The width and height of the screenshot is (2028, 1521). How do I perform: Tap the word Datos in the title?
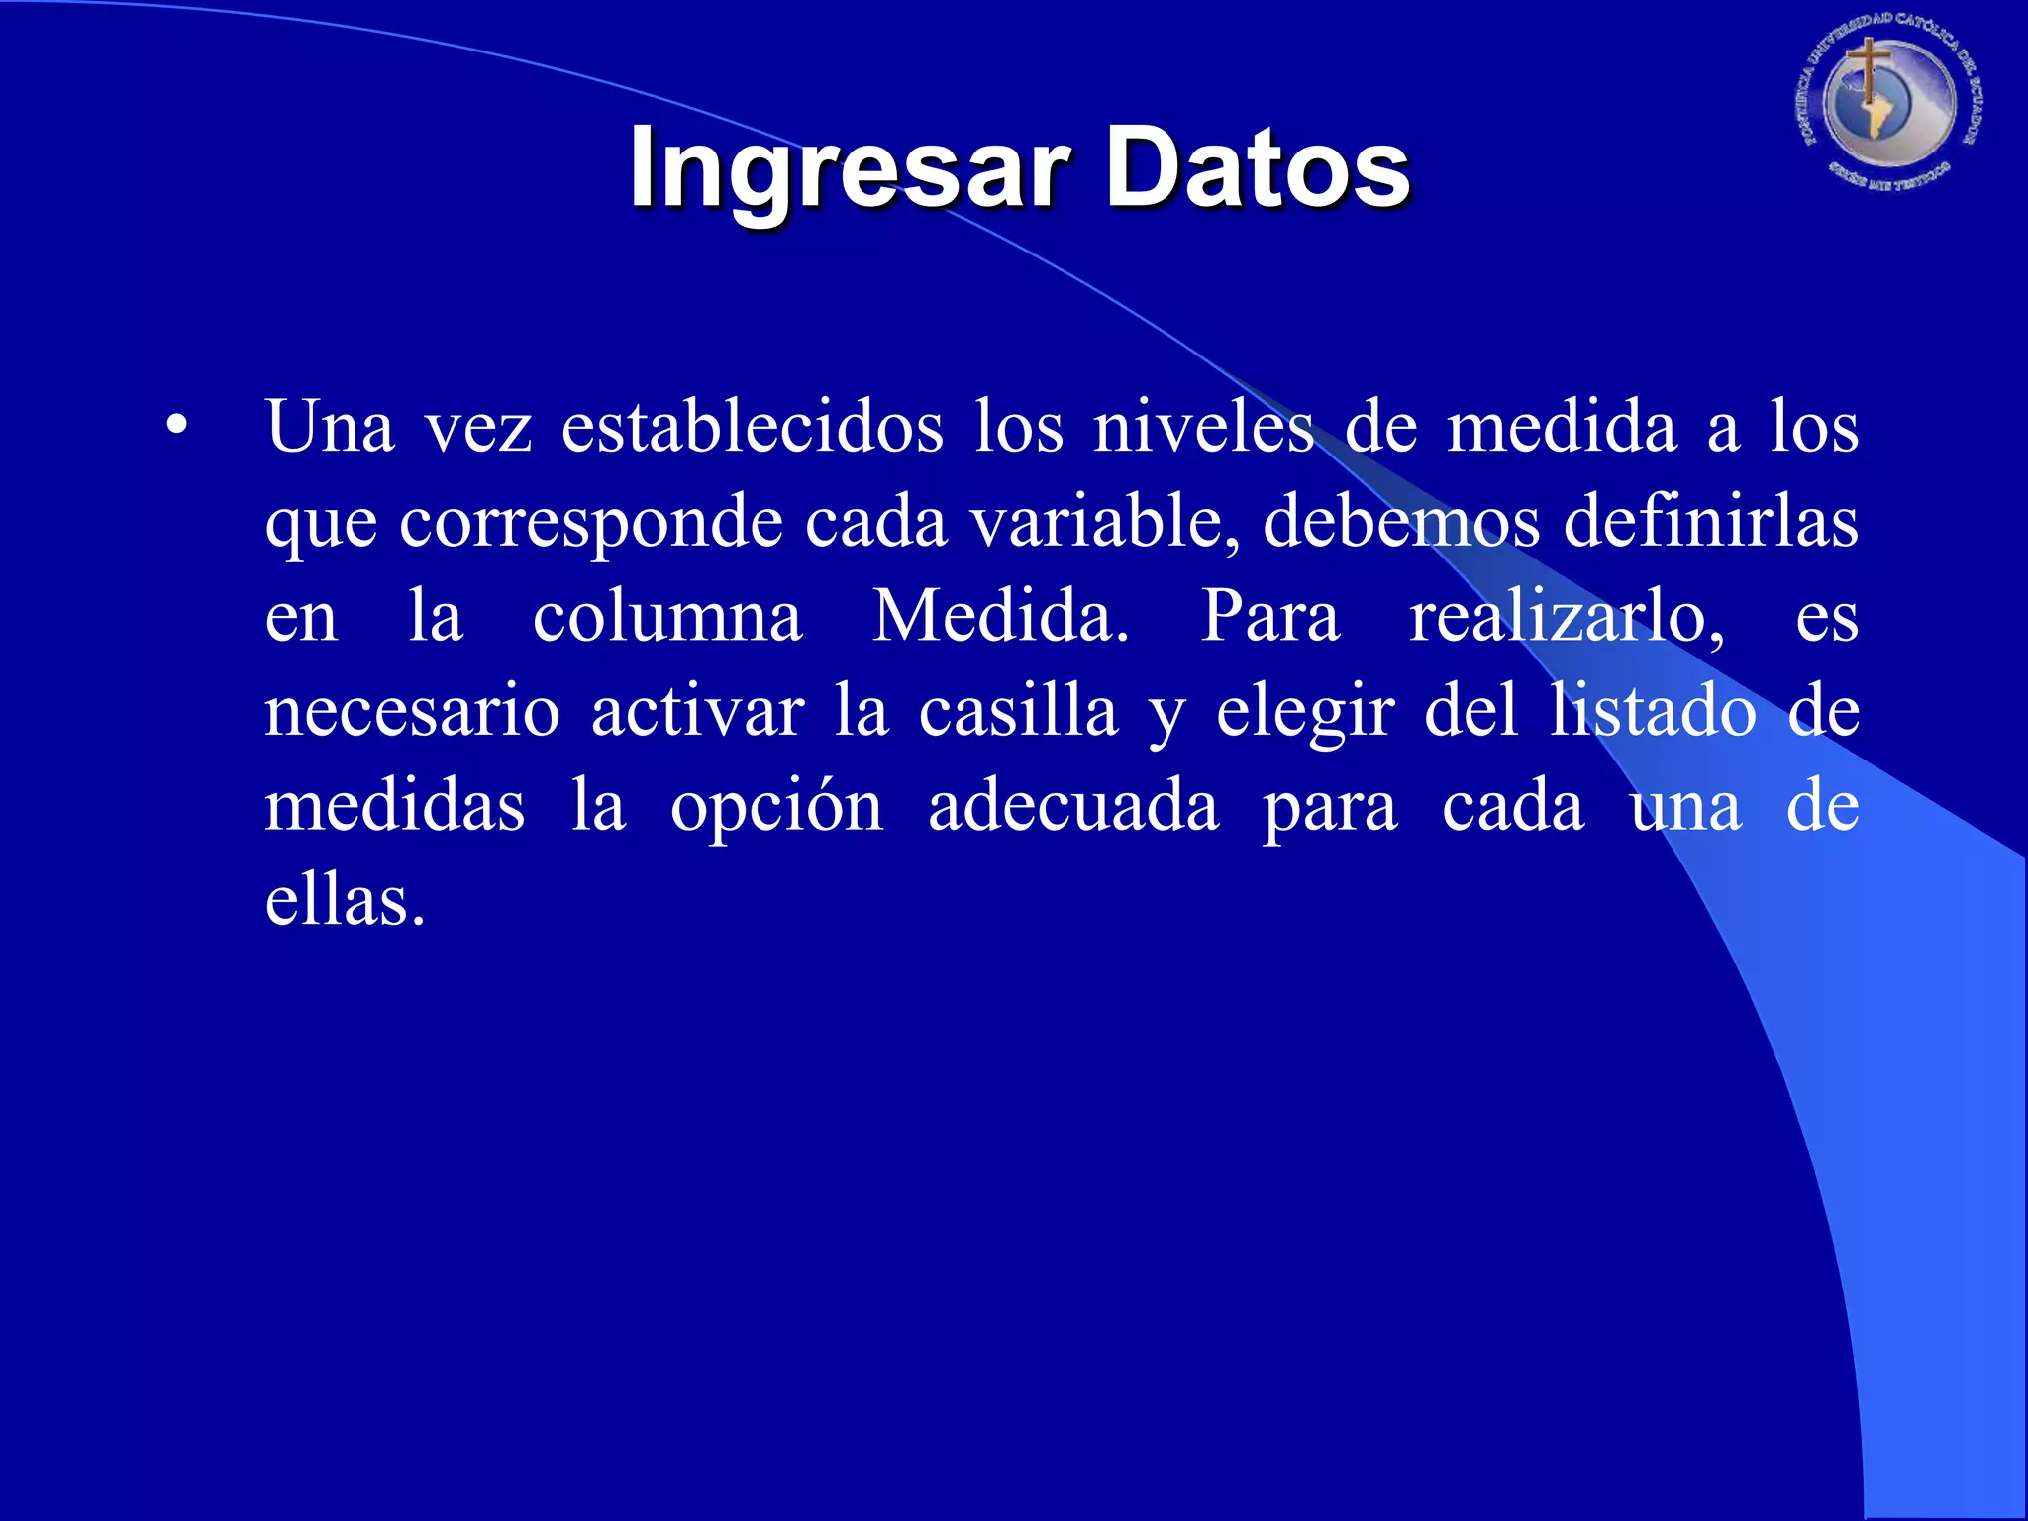[1258, 168]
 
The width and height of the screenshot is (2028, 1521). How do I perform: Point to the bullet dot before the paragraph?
[176, 426]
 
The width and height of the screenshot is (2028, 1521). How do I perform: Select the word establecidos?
[753, 428]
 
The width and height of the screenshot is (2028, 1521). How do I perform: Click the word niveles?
[1203, 428]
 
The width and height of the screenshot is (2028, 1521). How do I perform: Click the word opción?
[776, 808]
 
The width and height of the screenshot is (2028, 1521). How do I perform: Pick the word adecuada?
[1073, 806]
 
